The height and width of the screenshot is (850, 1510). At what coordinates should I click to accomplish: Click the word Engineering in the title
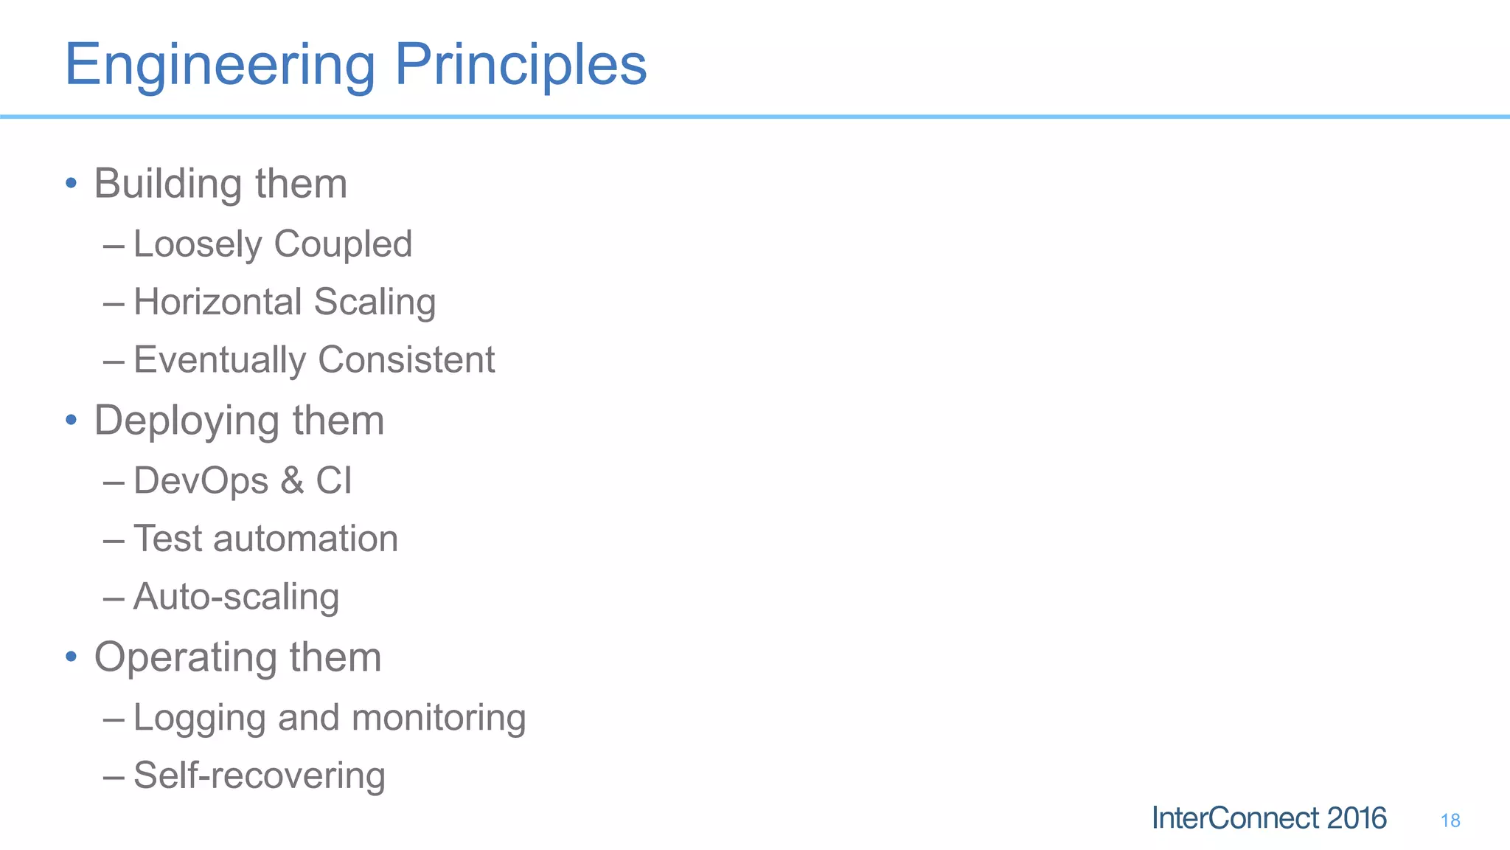pos(220,66)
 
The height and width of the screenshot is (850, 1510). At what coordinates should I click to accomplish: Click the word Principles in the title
pos(521,66)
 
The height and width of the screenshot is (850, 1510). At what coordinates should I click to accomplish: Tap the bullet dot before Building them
pos(71,182)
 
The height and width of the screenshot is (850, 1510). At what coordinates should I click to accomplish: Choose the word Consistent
pos(406,360)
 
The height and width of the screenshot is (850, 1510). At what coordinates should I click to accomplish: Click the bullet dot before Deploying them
pos(71,420)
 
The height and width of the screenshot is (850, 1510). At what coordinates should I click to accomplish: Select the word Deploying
pos(187,422)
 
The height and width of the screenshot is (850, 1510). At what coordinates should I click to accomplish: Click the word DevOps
pos(201,481)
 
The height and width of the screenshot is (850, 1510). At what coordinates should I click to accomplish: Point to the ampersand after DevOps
pos(292,481)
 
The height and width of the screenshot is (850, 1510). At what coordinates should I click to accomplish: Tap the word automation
pos(305,539)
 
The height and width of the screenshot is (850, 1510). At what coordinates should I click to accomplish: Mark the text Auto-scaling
pos(236,597)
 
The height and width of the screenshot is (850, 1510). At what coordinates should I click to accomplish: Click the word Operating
pos(185,658)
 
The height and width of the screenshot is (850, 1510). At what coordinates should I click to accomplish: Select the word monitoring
pos(438,718)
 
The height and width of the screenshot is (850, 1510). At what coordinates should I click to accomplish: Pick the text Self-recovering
pos(260,776)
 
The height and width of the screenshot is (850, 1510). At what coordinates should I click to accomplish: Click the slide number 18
pos(1450,820)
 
